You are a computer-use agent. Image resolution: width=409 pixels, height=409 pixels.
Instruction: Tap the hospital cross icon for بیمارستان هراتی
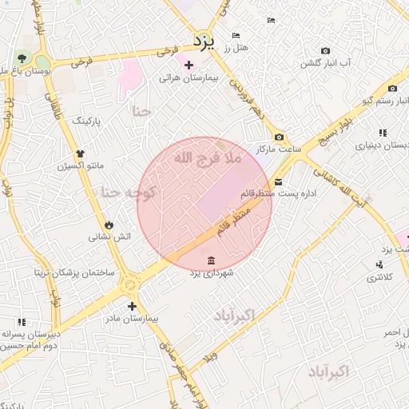pyautogui.click(x=189, y=65)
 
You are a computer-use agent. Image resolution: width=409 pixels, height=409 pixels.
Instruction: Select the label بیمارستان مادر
pyautogui.click(x=133, y=318)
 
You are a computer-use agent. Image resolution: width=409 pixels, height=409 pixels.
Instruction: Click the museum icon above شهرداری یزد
pyautogui.click(x=210, y=260)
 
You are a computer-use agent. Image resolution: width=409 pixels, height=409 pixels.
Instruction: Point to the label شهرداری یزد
pyautogui.click(x=211, y=273)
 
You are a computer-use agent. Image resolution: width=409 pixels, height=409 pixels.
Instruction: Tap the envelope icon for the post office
pyautogui.click(x=277, y=181)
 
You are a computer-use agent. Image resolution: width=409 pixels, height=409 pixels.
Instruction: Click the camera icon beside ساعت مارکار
pyautogui.click(x=279, y=137)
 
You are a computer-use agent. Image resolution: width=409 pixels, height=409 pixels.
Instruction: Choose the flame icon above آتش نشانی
pyautogui.click(x=109, y=224)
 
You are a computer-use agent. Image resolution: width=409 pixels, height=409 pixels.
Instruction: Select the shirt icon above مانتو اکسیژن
pyautogui.click(x=79, y=153)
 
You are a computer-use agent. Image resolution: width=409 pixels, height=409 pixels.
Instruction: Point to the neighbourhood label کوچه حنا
pyautogui.click(x=128, y=193)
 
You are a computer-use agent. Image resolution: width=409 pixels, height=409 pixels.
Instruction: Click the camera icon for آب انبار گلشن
pyautogui.click(x=304, y=62)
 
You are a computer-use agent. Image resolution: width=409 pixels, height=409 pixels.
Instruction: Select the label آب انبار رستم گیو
pyautogui.click(x=367, y=101)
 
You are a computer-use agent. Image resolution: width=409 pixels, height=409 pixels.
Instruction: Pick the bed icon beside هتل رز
pyautogui.click(x=235, y=36)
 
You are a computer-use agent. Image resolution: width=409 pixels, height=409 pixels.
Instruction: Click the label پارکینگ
pyautogui.click(x=88, y=121)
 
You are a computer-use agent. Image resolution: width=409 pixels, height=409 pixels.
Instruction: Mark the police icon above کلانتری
pyautogui.click(x=379, y=264)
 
